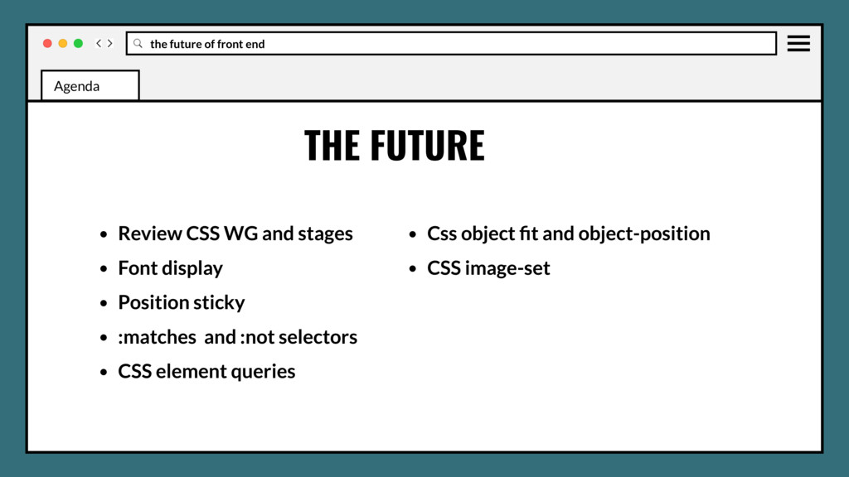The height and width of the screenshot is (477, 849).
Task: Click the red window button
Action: coord(47,43)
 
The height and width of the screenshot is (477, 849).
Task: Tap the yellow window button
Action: coord(63,43)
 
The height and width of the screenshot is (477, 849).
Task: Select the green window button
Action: coord(78,43)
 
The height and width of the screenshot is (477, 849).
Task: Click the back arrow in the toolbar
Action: coord(99,43)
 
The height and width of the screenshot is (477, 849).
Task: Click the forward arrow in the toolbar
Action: coord(110,43)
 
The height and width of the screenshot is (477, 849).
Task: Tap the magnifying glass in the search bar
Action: coord(138,43)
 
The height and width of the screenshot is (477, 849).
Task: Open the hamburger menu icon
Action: coord(798,43)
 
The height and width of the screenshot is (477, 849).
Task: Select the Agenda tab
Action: coord(90,85)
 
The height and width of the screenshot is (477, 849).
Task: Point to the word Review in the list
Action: coord(150,234)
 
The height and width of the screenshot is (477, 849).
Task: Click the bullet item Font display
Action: coord(170,268)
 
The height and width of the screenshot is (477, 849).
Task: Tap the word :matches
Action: coord(157,337)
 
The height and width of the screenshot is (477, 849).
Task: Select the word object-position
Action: coord(644,234)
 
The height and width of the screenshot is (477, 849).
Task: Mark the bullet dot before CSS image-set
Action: coord(413,269)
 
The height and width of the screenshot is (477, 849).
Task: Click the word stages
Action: coord(325,234)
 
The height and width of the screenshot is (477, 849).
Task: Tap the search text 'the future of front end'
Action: coord(207,44)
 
